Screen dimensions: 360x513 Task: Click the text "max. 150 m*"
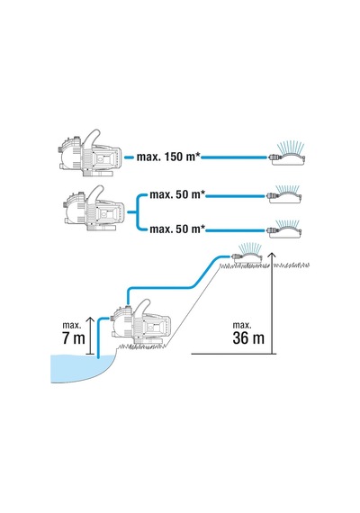(168, 157)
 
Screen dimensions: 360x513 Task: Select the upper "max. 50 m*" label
(177, 194)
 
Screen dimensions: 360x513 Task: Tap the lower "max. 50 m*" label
(177, 229)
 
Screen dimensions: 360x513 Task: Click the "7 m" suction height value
(74, 338)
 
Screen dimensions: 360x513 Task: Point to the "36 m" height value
(248, 337)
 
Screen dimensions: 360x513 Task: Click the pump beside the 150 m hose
(90, 153)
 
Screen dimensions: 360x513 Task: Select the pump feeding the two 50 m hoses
(94, 209)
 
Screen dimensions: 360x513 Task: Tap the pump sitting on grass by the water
(140, 323)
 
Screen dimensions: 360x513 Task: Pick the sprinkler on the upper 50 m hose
(284, 194)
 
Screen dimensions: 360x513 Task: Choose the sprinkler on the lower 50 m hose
(284, 229)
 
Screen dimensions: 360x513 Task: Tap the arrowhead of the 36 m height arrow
(271, 255)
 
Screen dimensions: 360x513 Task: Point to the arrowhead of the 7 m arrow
(91, 319)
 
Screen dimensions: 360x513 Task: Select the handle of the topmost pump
(93, 138)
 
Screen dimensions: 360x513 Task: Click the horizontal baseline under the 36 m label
(234, 354)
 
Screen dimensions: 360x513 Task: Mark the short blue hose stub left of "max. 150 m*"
(130, 157)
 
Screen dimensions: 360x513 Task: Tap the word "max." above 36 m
(242, 325)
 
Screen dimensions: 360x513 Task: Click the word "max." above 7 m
(72, 325)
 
